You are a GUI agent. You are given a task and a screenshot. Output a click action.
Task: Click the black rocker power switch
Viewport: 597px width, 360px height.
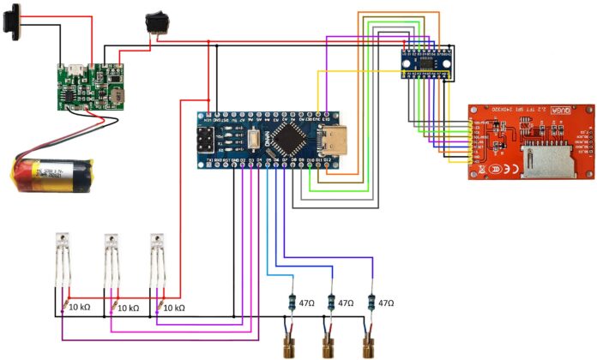pyautogui.click(x=157, y=22)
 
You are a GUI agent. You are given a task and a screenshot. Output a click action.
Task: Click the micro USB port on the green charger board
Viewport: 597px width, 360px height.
pyautogui.click(x=75, y=66)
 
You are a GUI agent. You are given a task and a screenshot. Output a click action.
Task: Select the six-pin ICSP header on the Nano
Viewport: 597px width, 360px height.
pyautogui.click(x=208, y=141)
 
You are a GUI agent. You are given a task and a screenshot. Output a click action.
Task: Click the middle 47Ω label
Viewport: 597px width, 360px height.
pyautogui.click(x=346, y=303)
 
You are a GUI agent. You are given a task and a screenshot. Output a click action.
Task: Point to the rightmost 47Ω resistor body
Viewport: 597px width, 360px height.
pyautogui.click(x=371, y=303)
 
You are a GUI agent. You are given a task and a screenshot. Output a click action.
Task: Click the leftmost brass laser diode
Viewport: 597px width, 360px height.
pyautogui.click(x=286, y=346)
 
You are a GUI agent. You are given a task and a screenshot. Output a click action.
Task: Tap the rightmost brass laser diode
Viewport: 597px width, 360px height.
pyautogui.click(x=370, y=346)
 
